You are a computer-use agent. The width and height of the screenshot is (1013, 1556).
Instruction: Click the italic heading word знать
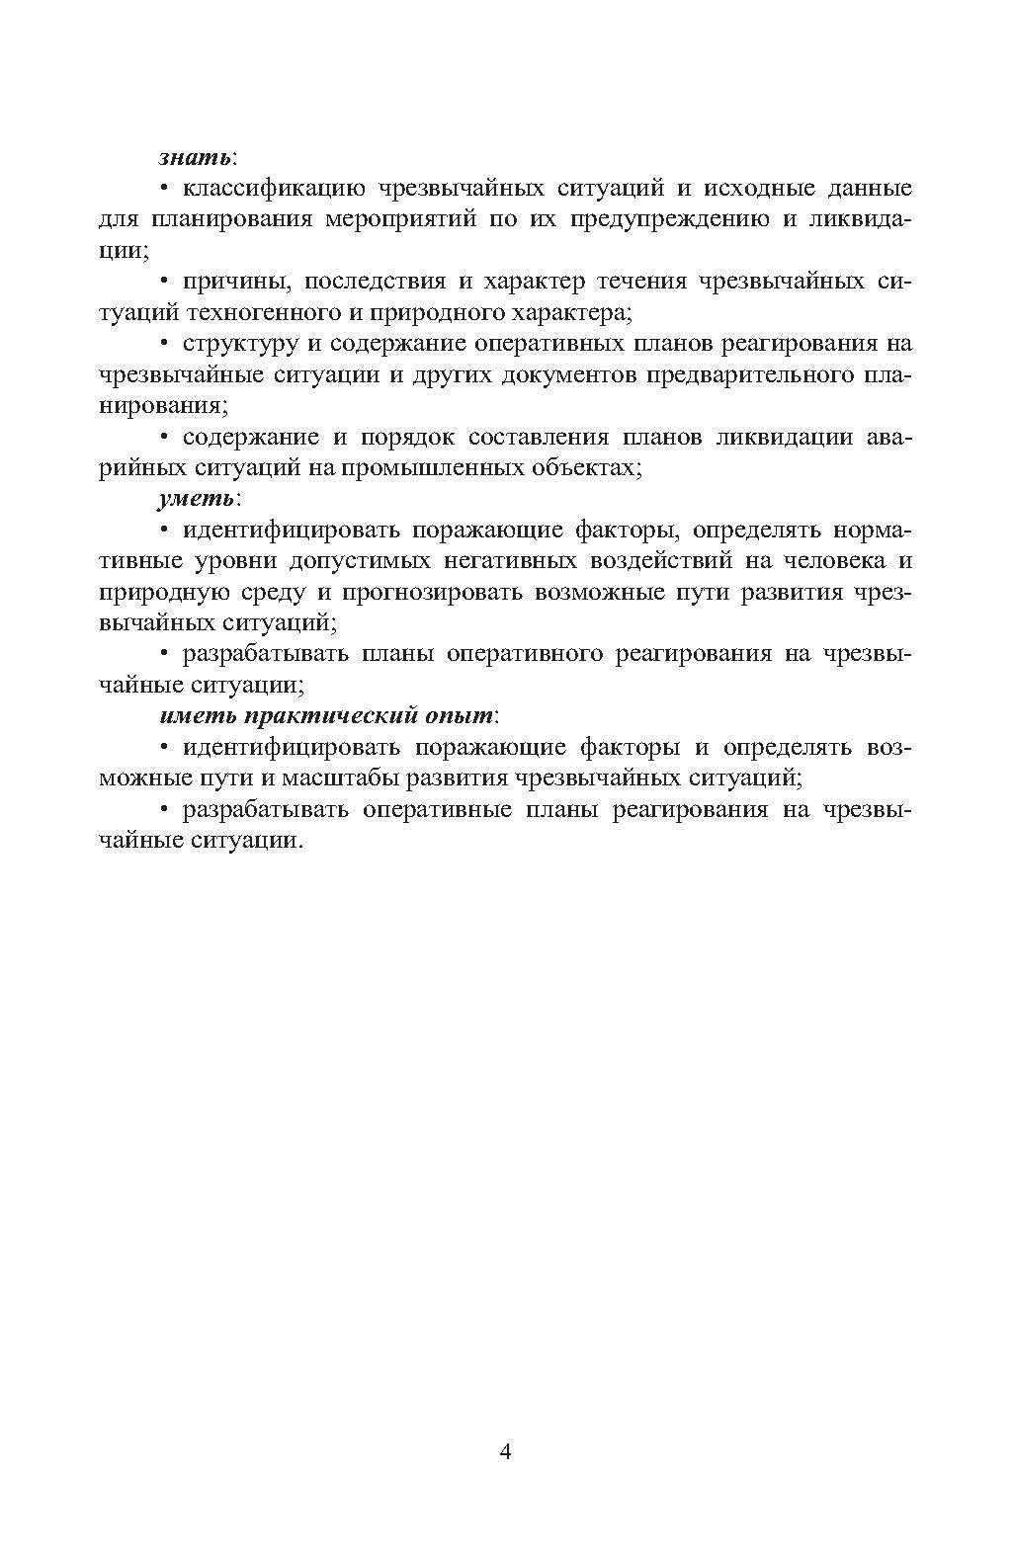click(x=195, y=157)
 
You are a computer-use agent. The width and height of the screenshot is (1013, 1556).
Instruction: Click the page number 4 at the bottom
click(x=506, y=1451)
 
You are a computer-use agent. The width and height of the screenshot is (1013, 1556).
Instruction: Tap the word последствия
click(x=375, y=282)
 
